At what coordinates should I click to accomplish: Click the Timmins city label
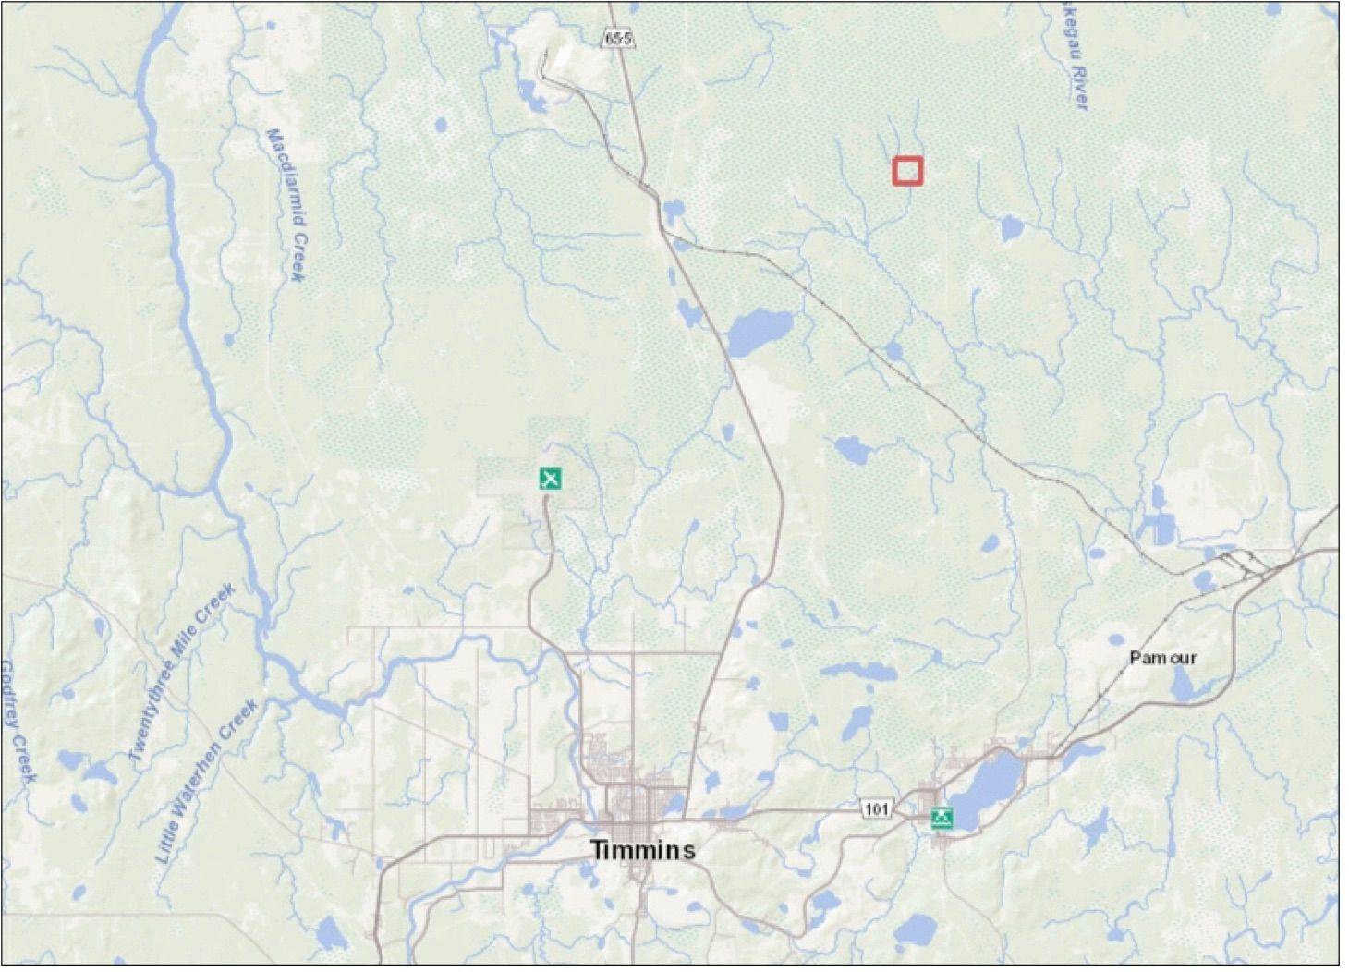(642, 849)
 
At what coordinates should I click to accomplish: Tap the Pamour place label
(1162, 658)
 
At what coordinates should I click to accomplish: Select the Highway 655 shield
(619, 38)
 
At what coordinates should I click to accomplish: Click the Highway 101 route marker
(876, 809)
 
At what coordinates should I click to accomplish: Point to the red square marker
(907, 171)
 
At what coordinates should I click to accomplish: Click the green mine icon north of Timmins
(551, 479)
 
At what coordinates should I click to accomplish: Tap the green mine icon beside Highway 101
(942, 818)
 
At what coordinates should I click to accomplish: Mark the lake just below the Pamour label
(1182, 685)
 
